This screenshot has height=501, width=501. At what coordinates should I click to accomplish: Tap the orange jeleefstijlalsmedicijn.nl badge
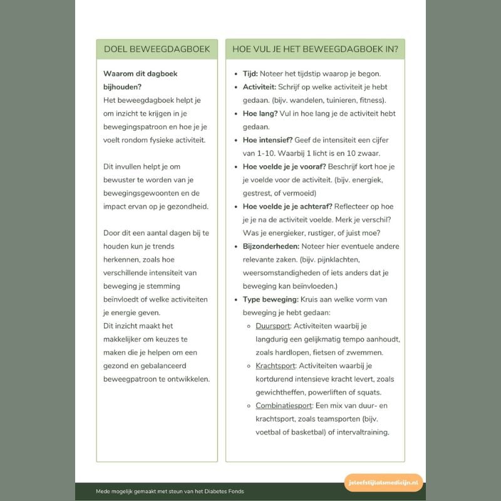point(383,483)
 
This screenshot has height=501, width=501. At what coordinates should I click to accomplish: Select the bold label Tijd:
point(250,74)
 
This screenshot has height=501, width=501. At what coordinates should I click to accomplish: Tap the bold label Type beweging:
point(271,299)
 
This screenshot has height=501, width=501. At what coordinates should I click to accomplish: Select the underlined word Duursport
point(273,326)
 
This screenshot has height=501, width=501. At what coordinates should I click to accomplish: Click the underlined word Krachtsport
point(276,366)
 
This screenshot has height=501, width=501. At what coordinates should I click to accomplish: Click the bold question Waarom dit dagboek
point(140,74)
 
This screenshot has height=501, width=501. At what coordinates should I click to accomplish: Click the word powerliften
point(330,392)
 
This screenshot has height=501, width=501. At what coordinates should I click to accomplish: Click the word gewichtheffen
point(280,392)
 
